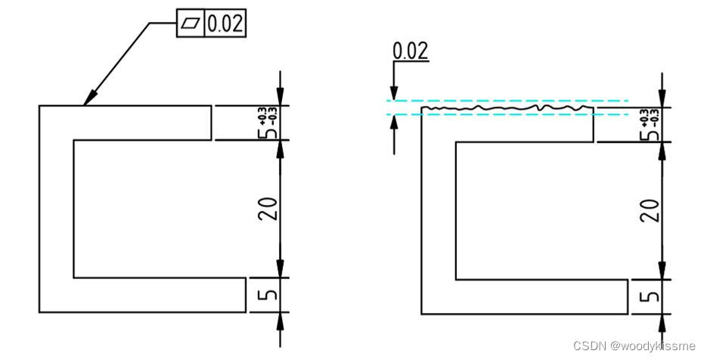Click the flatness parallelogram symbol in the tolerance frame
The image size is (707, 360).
191,23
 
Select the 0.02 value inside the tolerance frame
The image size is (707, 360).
225,23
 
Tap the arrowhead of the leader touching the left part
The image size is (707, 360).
90,98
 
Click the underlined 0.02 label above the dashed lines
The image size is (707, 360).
410,51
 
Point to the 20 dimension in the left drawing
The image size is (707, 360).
268,209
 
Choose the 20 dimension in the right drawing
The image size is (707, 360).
650,210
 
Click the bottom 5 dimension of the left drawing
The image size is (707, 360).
269,295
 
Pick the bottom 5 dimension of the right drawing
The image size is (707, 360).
651,296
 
